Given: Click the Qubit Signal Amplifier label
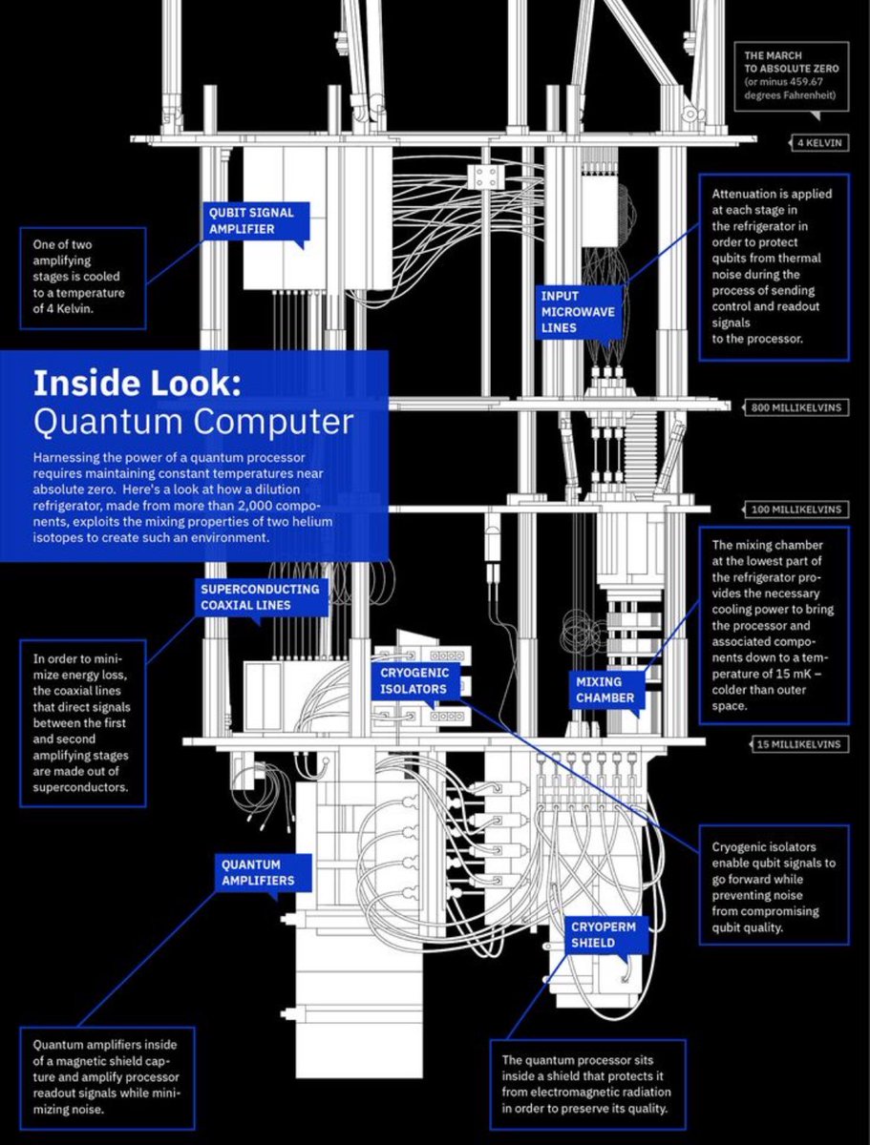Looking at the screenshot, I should click(252, 220).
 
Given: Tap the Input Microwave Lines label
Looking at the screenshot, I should click(578, 311).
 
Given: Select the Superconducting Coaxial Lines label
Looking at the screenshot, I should click(259, 596).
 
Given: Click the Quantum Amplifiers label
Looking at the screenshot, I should click(258, 872).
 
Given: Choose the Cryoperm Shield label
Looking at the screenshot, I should click(604, 934).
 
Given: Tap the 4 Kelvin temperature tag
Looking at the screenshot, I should click(817, 143).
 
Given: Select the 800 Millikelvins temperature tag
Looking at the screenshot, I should click(796, 407).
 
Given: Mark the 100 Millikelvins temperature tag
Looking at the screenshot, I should click(796, 510).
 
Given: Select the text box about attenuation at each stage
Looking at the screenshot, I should click(773, 266).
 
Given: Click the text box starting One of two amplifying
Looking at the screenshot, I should click(83, 277).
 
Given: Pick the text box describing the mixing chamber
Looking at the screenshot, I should click(773, 625).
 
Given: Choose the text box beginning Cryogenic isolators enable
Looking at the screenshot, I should click(773, 887).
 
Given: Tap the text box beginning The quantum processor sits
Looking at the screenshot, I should click(589, 1084).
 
